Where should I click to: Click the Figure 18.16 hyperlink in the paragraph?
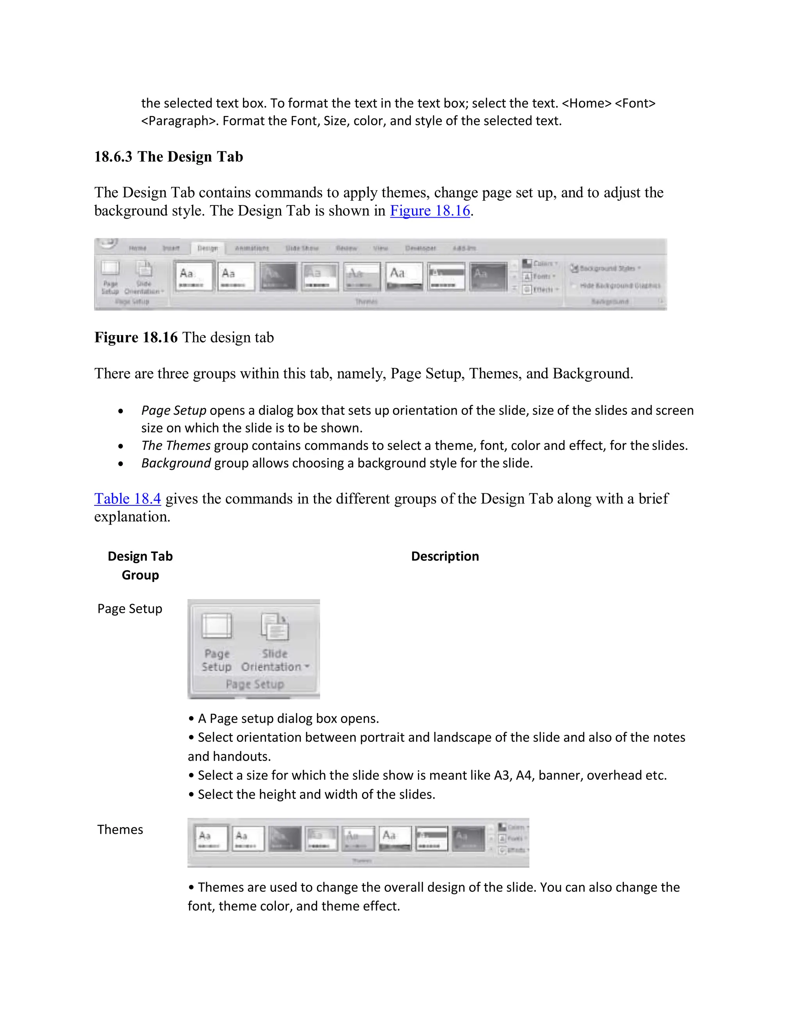tap(430, 211)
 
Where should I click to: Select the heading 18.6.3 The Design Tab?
tap(168, 157)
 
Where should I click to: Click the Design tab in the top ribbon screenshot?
tap(207, 248)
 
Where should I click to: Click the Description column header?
tap(445, 556)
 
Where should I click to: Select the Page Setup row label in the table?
tap(129, 609)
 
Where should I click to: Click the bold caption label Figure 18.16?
tap(136, 337)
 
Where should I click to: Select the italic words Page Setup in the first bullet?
tap(173, 410)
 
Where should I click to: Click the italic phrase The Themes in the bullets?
tap(175, 446)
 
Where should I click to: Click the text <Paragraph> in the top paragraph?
tap(180, 121)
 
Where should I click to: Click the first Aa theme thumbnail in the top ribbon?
tap(193, 276)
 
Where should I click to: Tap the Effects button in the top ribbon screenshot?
tap(540, 289)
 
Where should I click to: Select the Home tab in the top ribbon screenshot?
tap(137, 248)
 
